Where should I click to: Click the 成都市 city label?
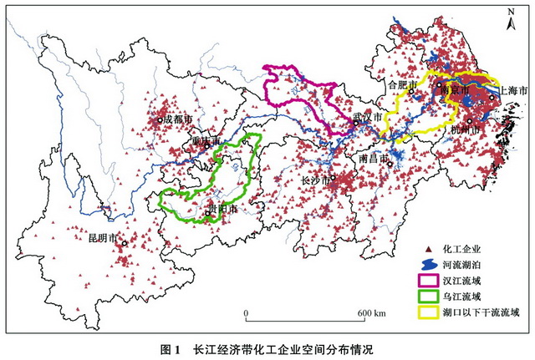[x=177, y=119]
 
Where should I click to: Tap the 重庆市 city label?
[x=205, y=141]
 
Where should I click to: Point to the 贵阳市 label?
[x=222, y=210]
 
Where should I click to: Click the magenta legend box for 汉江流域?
[x=430, y=279]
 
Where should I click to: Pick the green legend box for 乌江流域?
[x=430, y=296]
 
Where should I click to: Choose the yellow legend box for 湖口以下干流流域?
[x=430, y=312]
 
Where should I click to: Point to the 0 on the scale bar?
[x=247, y=313]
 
